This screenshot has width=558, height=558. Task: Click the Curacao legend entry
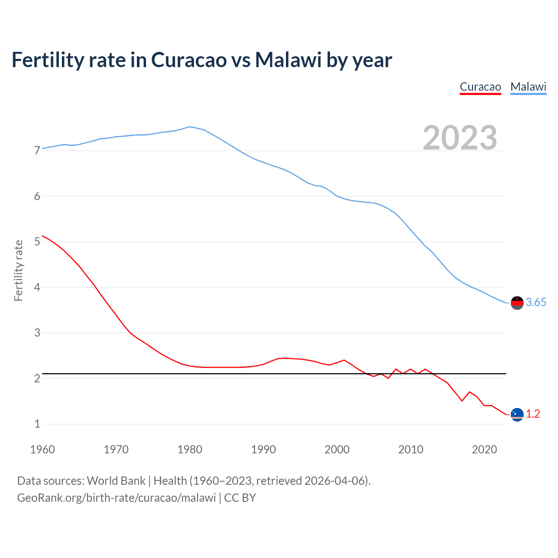480,87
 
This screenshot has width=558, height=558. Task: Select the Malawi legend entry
528,87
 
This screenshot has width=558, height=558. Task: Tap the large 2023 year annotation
460,138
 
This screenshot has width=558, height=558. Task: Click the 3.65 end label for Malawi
536,302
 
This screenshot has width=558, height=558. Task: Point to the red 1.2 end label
533,414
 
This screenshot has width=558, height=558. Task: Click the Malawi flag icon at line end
517,303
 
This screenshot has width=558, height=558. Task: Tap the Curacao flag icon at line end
517,415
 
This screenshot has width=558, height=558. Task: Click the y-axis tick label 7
37,151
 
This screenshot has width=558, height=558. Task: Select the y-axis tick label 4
37,287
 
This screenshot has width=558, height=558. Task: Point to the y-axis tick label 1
37,424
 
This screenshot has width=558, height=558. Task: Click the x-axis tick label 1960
42,449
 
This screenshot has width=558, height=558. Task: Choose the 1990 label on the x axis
263,449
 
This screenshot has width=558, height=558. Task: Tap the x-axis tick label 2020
484,449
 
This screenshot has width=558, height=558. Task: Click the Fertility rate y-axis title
18,270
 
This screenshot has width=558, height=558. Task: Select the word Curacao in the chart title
189,60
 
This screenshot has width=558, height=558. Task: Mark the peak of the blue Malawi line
189,127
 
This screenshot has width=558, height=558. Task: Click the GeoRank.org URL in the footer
116,498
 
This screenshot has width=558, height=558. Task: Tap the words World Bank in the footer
116,481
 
